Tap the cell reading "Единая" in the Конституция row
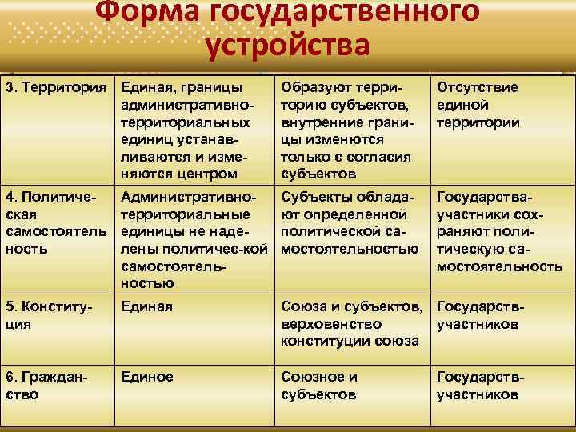pyautogui.click(x=146, y=306)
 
